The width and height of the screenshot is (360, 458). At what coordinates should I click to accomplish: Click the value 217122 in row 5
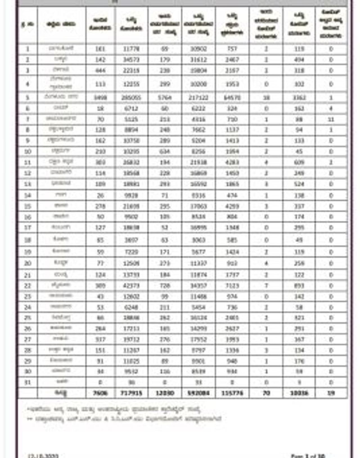point(198,98)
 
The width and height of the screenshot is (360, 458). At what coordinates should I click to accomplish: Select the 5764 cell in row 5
point(165,98)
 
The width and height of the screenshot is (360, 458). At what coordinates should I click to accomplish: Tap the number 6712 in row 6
point(131,108)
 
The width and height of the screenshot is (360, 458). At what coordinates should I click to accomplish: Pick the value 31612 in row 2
point(198,60)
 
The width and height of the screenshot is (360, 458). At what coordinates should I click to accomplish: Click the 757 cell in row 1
point(232,49)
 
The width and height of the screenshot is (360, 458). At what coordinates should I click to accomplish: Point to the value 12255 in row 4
point(131,84)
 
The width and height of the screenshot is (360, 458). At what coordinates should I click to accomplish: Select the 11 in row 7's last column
point(331,119)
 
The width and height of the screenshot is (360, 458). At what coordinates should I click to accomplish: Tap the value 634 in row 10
point(165,151)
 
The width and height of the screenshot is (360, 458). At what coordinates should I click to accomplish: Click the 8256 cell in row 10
point(198,151)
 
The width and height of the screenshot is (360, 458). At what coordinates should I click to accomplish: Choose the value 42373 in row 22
point(131,286)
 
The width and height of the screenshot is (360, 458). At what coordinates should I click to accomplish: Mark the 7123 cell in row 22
point(232,286)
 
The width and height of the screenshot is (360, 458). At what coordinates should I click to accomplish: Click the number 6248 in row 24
point(131,307)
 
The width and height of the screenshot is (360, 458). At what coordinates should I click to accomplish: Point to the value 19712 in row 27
point(131,339)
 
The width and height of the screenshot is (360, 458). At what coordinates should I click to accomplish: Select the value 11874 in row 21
point(198,275)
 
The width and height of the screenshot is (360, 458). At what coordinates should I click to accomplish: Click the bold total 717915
point(131,393)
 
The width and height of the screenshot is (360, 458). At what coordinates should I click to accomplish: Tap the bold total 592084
point(198,393)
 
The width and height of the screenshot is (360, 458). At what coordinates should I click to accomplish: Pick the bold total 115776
point(232,393)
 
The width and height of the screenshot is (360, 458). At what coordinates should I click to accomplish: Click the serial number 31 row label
point(28,382)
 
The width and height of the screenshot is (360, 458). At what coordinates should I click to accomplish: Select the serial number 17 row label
point(28,227)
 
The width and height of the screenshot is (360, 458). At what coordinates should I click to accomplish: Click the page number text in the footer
point(308,455)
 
